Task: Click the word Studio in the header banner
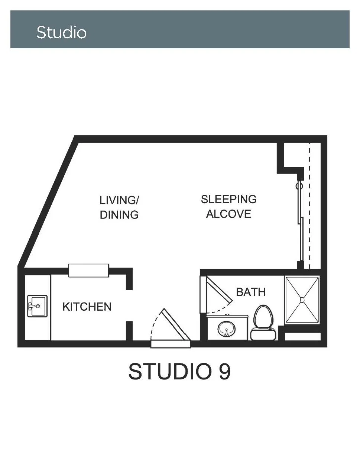[x=61, y=32]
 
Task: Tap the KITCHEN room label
[x=87, y=307]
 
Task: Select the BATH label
[x=251, y=292]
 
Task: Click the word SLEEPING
[x=228, y=199]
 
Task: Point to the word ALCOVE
[x=228, y=214]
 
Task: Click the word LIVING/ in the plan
[x=119, y=200]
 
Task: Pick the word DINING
[x=119, y=215]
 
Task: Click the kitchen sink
[x=38, y=306]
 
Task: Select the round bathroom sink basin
[x=226, y=329]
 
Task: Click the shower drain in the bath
[x=302, y=300]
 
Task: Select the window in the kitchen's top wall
[x=88, y=271]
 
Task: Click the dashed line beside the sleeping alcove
[x=309, y=206]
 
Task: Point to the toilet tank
[x=263, y=334]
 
